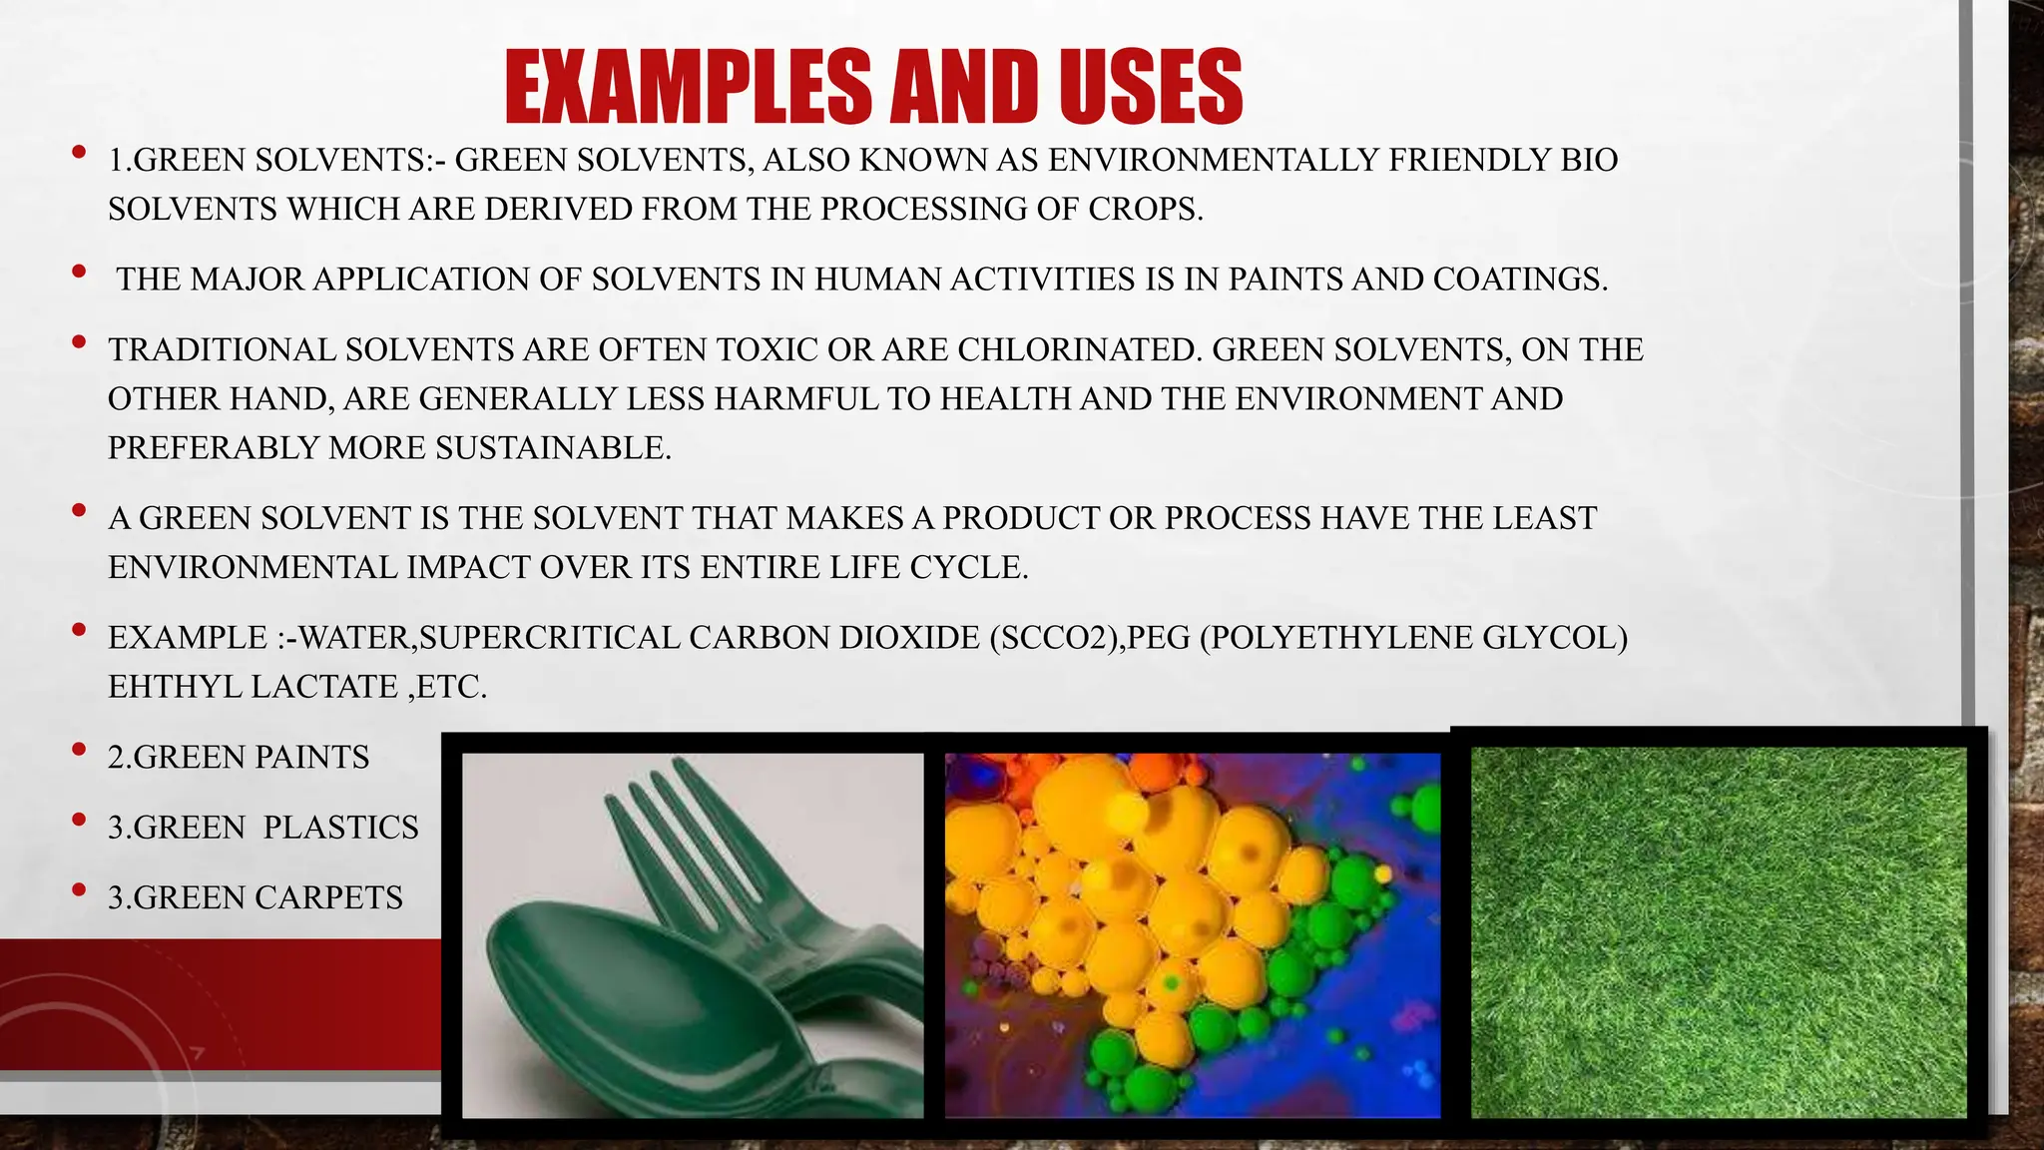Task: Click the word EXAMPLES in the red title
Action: (689, 88)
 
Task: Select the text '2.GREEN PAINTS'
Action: (238, 758)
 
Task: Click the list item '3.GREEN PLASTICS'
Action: (262, 828)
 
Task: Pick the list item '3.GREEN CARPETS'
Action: (255, 897)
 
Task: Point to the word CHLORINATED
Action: (1077, 350)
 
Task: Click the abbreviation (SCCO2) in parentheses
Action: (1054, 638)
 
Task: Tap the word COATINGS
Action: (1519, 280)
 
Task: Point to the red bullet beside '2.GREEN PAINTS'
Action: (79, 752)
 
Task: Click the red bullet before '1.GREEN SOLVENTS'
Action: (79, 154)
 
